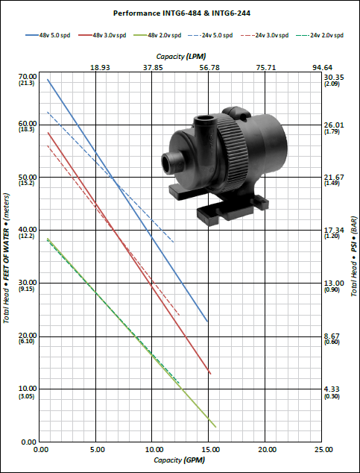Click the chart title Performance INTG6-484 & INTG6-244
tap(182, 13)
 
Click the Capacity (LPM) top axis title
tap(181, 57)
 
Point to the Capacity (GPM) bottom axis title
tap(179, 460)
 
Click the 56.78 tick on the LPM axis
tap(209, 68)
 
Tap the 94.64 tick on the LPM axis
tap(322, 68)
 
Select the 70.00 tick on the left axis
tap(28, 77)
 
